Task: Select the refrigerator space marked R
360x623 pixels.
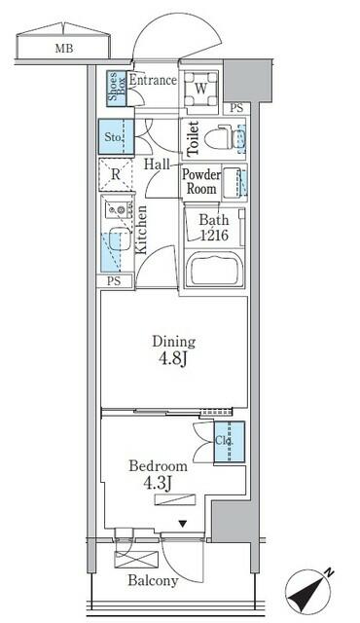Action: pyautogui.click(x=116, y=176)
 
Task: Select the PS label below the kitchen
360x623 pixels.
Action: pyautogui.click(x=115, y=281)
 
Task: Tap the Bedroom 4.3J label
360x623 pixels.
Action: pyautogui.click(x=157, y=474)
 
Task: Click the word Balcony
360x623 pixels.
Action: pyautogui.click(x=151, y=581)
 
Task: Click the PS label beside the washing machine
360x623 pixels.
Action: pyautogui.click(x=236, y=107)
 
